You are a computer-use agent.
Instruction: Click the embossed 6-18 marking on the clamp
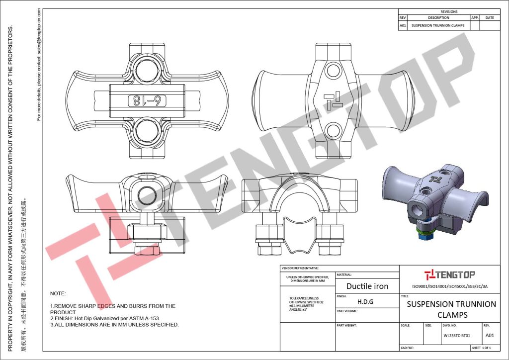[148, 100]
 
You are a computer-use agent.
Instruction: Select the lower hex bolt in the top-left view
[148, 132]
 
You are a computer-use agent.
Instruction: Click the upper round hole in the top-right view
[331, 69]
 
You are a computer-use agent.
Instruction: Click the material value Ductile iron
[367, 286]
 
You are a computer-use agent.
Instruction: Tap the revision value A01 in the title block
[490, 335]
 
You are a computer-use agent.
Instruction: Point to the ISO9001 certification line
[449, 286]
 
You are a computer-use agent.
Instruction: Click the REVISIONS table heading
[449, 11]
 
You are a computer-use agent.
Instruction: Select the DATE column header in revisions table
[490, 18]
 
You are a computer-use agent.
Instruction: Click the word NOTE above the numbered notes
[58, 294]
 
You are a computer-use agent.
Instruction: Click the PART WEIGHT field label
[347, 325]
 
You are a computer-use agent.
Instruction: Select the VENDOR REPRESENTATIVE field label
[300, 268]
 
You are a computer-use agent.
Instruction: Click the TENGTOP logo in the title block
[449, 274]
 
